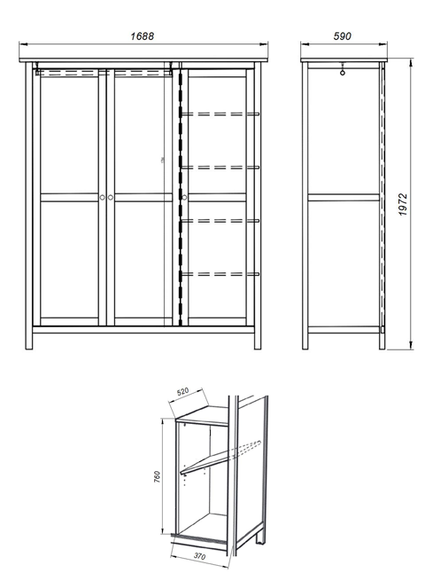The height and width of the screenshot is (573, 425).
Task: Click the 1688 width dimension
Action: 143,36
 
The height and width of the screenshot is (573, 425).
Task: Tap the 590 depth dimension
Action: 342,36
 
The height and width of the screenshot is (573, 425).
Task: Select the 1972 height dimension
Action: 403,205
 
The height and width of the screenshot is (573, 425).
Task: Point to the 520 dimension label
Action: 182,391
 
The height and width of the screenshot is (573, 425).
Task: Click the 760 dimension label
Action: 157,477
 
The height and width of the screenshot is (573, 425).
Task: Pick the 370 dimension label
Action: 199,556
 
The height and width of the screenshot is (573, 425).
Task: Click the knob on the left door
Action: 103,197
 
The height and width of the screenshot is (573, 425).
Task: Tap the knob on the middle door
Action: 111,197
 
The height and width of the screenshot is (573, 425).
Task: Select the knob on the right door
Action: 184,197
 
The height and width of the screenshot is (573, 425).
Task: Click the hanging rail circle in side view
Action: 342,73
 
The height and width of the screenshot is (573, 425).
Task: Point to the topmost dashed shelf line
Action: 220,114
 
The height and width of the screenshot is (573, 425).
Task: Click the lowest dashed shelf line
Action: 220,274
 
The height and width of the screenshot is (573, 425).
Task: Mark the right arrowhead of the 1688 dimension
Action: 264,44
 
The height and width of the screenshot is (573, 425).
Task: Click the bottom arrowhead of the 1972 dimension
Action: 411,345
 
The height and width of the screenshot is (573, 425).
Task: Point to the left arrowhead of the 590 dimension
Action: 305,44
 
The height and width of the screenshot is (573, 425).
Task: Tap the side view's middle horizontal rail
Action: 344,197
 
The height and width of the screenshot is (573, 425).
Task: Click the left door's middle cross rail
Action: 69,197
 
